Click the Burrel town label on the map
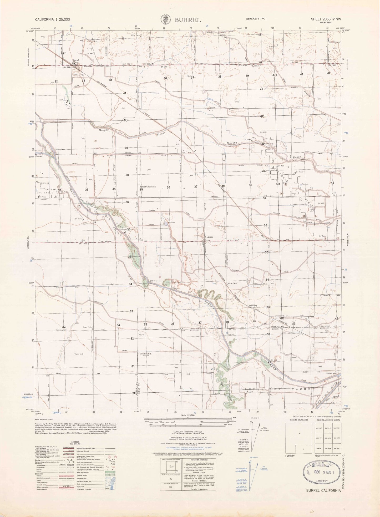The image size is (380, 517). point(76,60)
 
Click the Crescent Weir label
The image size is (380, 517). point(331,373)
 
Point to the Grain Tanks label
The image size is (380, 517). point(87,327)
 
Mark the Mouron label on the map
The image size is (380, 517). point(141,335)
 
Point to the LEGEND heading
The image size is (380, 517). point(75,442)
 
